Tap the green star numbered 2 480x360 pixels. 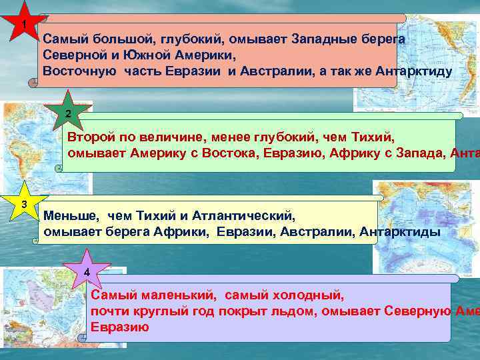tap(67, 113)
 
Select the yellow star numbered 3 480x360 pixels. tap(24, 203)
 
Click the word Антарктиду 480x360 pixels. tap(414, 71)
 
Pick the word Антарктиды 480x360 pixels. tap(399, 231)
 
